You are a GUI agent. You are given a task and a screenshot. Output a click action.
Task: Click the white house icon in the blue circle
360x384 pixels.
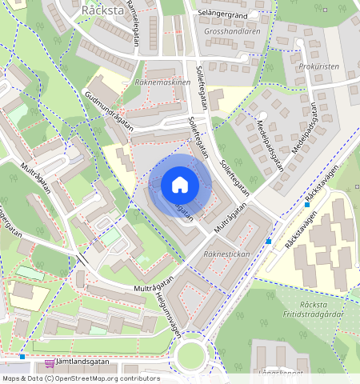(x=179, y=185)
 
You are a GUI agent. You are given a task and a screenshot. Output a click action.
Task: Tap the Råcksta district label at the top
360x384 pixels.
(x=102, y=10)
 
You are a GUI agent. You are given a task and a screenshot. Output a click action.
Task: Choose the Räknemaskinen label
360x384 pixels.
(x=162, y=82)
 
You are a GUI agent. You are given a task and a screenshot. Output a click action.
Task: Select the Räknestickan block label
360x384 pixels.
(x=227, y=254)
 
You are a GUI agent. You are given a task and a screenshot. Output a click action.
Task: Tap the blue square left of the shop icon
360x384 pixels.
(x=22, y=357)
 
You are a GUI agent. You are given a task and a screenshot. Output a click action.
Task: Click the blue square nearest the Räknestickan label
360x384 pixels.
(x=269, y=241)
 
